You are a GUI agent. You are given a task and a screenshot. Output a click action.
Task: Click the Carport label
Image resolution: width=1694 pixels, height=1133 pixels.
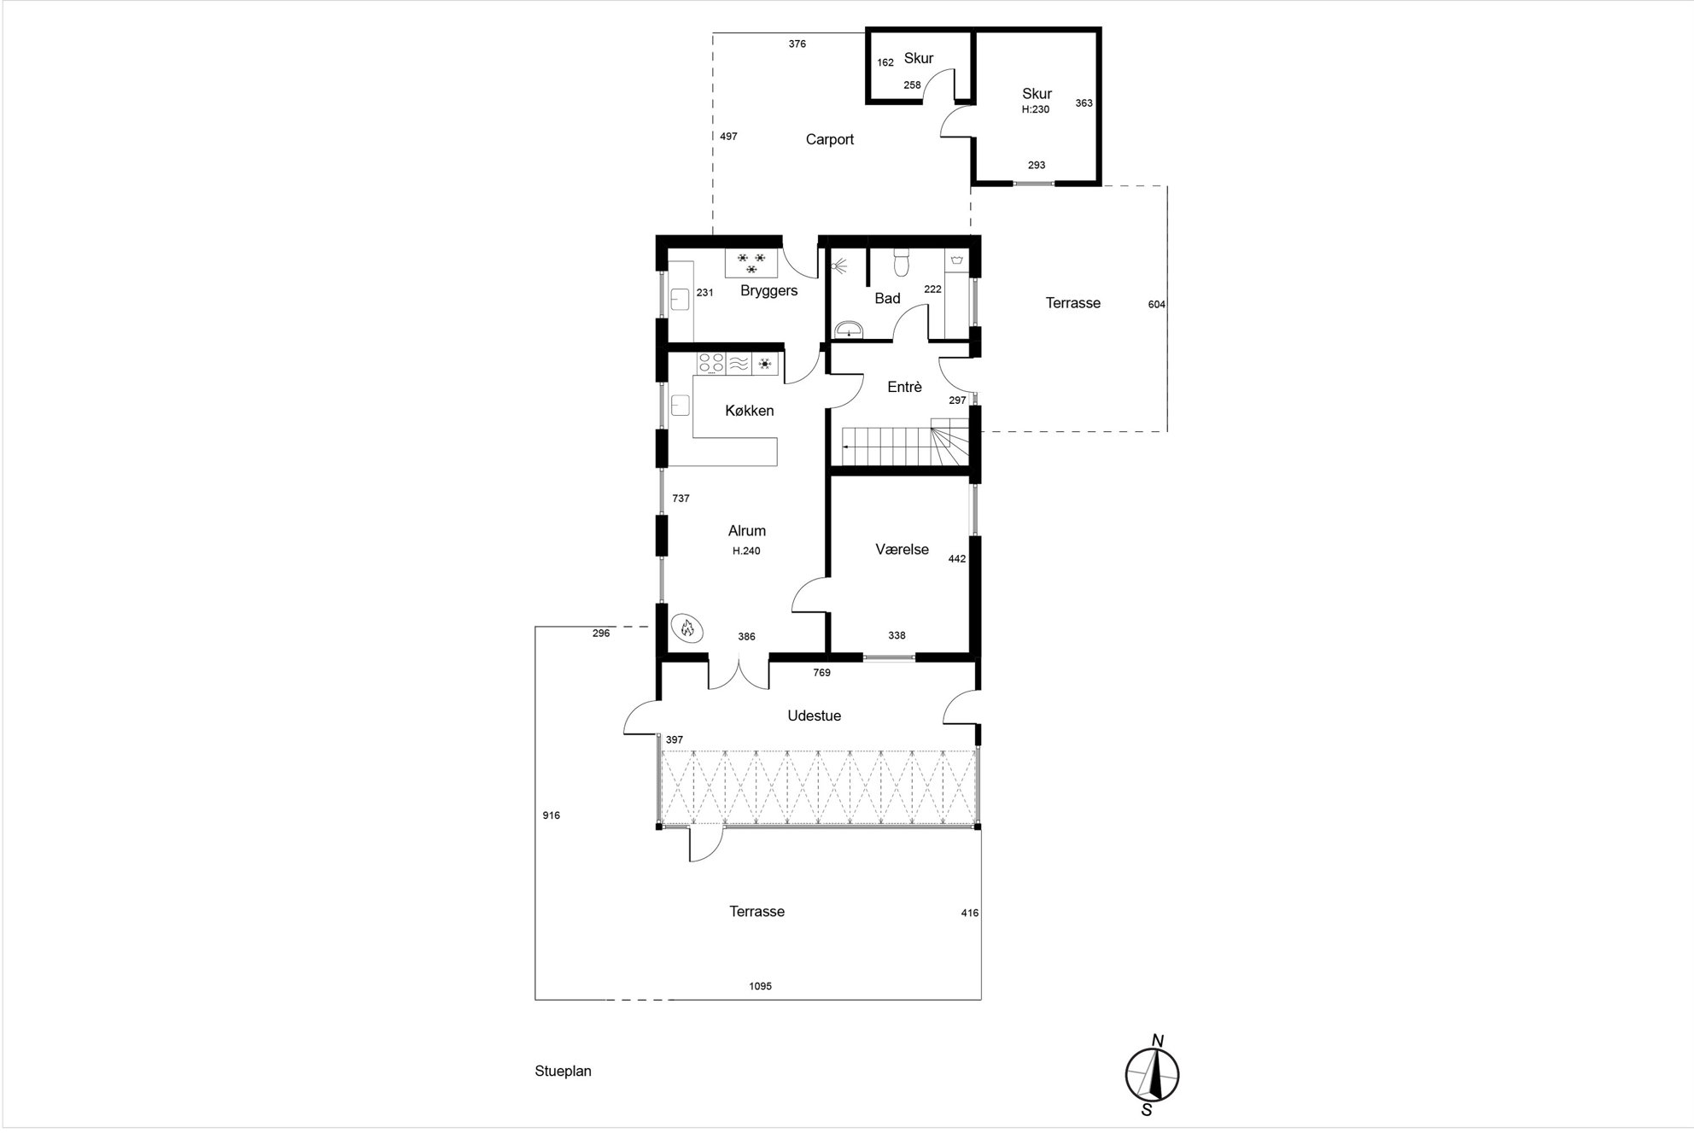pyautogui.click(x=829, y=140)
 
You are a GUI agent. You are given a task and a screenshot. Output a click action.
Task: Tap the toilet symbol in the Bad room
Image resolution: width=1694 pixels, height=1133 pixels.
pyautogui.click(x=900, y=264)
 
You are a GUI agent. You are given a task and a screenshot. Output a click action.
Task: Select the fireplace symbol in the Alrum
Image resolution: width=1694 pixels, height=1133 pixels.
pyautogui.click(x=686, y=628)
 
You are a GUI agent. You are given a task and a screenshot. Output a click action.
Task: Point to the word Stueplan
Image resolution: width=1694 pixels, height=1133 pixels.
pyautogui.click(x=564, y=1071)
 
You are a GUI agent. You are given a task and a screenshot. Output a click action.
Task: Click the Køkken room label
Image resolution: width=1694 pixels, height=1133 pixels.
pyautogui.click(x=750, y=411)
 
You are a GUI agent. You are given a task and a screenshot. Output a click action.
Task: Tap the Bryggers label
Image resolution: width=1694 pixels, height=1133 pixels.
pyautogui.click(x=768, y=290)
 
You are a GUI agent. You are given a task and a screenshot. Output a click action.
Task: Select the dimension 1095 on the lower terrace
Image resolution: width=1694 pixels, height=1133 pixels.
pyautogui.click(x=760, y=986)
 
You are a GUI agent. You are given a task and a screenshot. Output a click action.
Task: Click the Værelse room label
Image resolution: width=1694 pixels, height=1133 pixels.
pyautogui.click(x=902, y=550)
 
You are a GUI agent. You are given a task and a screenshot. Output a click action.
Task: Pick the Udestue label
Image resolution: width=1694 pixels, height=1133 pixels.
pyautogui.click(x=814, y=715)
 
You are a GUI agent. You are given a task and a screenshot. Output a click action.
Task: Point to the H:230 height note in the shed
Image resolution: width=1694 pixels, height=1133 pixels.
pyautogui.click(x=1036, y=109)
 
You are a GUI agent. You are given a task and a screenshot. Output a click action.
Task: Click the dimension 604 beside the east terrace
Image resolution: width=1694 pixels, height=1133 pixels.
pyautogui.click(x=1156, y=305)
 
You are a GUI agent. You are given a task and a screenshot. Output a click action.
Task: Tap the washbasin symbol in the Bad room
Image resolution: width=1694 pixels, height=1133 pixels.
pyautogui.click(x=849, y=330)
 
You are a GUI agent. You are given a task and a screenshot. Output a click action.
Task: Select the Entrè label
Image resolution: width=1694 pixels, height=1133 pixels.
pyautogui.click(x=904, y=387)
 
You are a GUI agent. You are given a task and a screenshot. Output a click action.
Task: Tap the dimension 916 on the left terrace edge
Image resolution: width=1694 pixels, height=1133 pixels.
pyautogui.click(x=551, y=815)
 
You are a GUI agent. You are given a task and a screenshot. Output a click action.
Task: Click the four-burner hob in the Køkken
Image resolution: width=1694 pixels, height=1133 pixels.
pyautogui.click(x=711, y=364)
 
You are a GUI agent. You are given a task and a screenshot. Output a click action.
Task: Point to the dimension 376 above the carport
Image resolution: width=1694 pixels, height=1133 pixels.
pyautogui.click(x=797, y=44)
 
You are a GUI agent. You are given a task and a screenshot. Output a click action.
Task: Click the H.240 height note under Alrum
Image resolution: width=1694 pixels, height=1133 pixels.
pyautogui.click(x=746, y=552)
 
